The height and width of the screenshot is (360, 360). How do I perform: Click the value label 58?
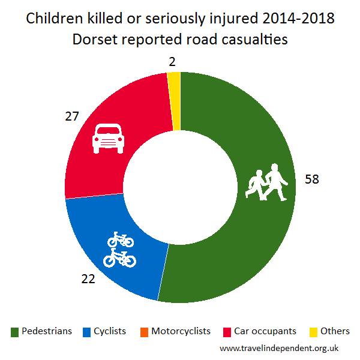(312, 179)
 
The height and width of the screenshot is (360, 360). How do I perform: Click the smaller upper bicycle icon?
(120, 241)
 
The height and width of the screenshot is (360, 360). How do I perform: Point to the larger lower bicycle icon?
(120, 258)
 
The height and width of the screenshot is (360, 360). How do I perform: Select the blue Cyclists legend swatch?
(86, 332)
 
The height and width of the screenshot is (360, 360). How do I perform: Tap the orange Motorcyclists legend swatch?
(144, 332)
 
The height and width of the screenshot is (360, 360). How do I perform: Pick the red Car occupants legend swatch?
(227, 332)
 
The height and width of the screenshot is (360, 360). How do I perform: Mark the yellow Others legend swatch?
(313, 332)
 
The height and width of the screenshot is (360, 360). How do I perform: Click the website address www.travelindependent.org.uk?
(280, 348)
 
